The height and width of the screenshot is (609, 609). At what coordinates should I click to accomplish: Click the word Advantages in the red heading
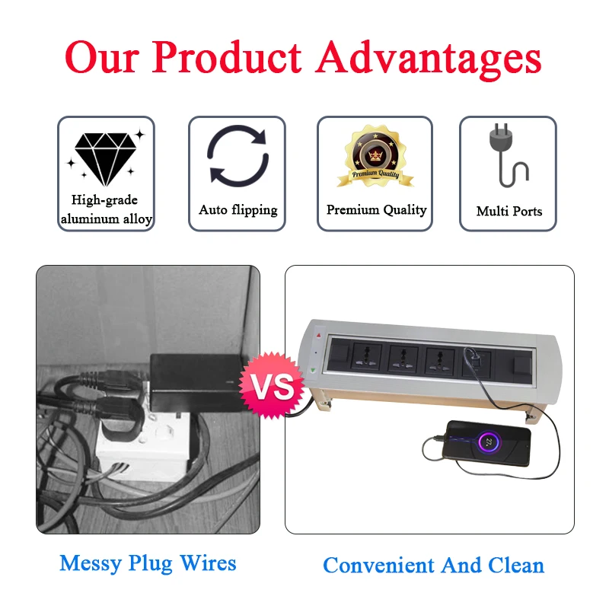click(429, 59)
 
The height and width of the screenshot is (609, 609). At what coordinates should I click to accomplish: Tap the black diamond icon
click(105, 158)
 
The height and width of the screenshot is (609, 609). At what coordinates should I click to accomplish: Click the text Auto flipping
click(238, 210)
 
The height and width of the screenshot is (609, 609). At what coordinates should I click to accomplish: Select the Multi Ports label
click(509, 212)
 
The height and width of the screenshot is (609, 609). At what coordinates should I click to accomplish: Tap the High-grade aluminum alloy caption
click(106, 210)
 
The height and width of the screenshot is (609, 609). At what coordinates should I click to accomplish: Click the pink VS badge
click(272, 385)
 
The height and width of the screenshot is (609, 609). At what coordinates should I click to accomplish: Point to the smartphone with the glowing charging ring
click(486, 443)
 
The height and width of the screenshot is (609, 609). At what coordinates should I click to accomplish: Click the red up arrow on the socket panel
click(318, 335)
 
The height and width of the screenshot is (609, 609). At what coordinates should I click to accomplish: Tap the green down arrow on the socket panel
click(313, 371)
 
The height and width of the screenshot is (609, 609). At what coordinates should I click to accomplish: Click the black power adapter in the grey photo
click(197, 384)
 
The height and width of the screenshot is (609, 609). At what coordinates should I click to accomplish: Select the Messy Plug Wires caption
click(148, 563)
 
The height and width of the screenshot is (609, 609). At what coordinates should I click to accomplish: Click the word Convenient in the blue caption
click(378, 566)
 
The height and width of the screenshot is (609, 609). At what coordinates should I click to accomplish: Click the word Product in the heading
click(226, 58)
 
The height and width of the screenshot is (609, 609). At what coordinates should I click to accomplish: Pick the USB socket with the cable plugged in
click(477, 363)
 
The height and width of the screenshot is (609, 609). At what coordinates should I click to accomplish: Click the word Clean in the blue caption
click(516, 566)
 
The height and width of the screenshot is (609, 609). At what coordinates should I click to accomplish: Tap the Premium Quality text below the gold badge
click(376, 210)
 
